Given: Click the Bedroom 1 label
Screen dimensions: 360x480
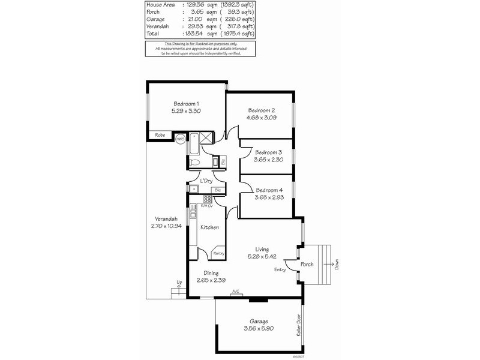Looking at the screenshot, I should point(185,104).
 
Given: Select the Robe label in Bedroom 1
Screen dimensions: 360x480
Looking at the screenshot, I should point(160,136).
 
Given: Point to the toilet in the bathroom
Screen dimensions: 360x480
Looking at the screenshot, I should point(194,162).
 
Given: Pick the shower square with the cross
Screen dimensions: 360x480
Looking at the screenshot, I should point(206,139).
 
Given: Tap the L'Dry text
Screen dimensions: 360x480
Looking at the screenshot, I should point(206,181).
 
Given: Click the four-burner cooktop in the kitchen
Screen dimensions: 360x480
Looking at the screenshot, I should point(207,199).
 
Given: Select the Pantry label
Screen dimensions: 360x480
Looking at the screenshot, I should point(218,254).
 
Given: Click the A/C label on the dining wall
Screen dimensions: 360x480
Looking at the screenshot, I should point(235,292).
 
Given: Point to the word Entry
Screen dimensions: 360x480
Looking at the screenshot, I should point(280,270).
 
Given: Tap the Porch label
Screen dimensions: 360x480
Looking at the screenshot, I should point(307,264).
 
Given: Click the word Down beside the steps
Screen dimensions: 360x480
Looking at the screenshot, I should point(337,265).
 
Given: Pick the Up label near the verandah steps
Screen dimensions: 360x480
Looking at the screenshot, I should point(179,282).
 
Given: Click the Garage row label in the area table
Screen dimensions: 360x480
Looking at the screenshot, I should point(155,19).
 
